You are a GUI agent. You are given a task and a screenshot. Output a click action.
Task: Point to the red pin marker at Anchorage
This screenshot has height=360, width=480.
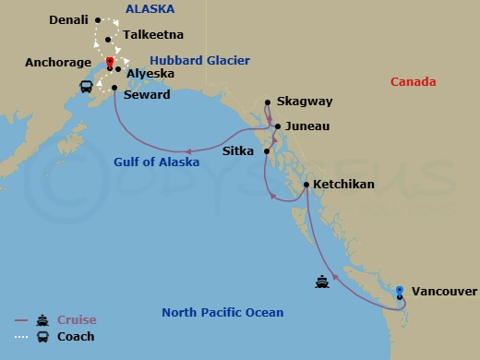(x=110, y=63)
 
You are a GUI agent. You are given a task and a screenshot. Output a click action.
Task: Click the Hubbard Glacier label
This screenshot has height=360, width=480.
(x=200, y=61)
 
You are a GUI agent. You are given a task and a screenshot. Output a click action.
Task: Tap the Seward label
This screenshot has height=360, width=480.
(x=147, y=95)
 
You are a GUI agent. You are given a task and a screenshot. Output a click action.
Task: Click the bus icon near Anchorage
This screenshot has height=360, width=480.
(x=86, y=87)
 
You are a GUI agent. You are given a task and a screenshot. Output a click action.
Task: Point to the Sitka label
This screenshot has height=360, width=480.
(x=240, y=150)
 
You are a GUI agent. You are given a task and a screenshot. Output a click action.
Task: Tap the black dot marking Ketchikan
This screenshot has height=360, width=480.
(x=306, y=186)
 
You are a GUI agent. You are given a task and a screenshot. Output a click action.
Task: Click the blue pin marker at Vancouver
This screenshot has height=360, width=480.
(x=399, y=292)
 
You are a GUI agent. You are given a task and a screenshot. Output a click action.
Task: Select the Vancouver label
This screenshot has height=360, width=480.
(x=445, y=292)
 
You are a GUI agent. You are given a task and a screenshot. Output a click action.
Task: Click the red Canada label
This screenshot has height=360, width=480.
(x=413, y=82)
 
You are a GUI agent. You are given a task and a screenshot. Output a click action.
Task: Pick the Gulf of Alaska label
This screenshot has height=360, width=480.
(x=156, y=162)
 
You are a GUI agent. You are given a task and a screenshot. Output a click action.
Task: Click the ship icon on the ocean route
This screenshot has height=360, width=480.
(x=322, y=282)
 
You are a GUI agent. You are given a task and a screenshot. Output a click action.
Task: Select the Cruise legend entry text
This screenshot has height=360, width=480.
(x=77, y=320)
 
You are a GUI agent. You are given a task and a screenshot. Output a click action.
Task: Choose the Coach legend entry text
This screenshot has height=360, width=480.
(x=76, y=337)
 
